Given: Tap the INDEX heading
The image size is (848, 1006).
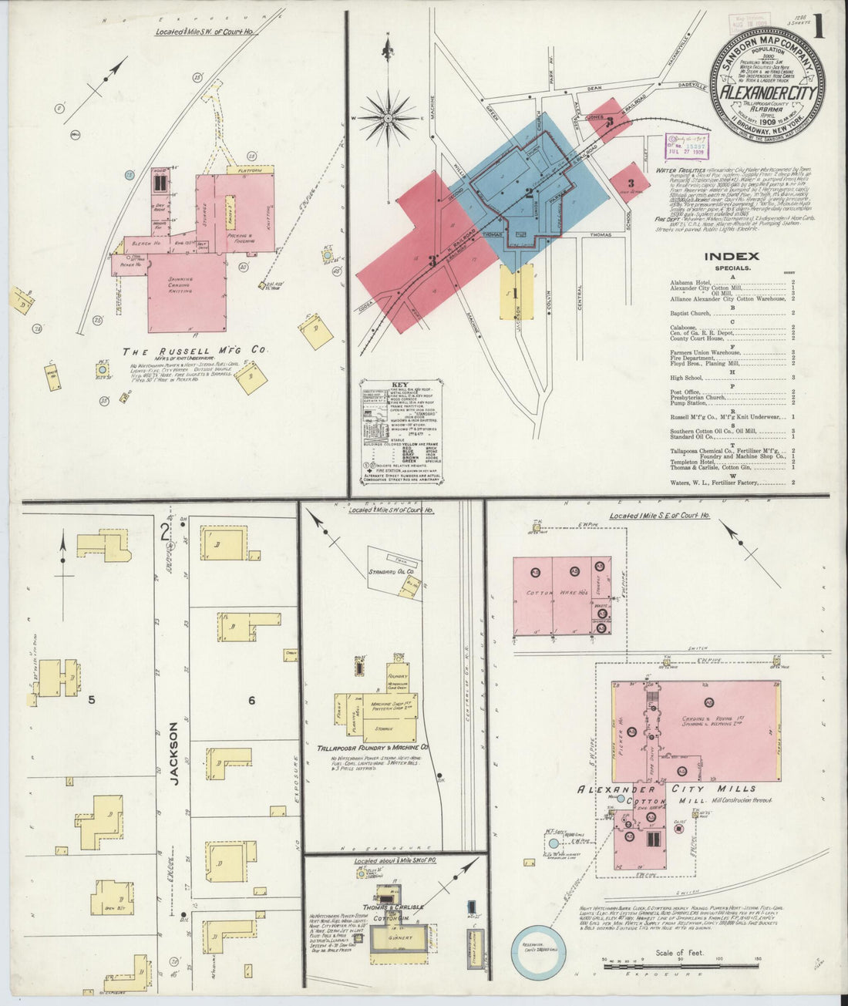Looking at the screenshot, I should [x=732, y=257].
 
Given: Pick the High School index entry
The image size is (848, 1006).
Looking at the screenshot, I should [x=688, y=378].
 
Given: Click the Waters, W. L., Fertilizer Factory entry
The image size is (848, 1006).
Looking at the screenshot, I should [x=715, y=483].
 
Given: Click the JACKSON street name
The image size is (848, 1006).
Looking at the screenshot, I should [x=174, y=753].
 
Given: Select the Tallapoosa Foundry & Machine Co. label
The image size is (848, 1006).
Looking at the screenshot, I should [x=372, y=748].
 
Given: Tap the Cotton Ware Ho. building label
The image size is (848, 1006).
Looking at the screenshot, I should [x=546, y=593].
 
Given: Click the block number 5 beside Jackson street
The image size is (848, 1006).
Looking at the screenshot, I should [x=91, y=700].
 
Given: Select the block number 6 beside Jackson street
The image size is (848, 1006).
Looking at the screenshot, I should [x=251, y=700].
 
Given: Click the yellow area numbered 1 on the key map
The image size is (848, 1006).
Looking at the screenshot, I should [x=516, y=293].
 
